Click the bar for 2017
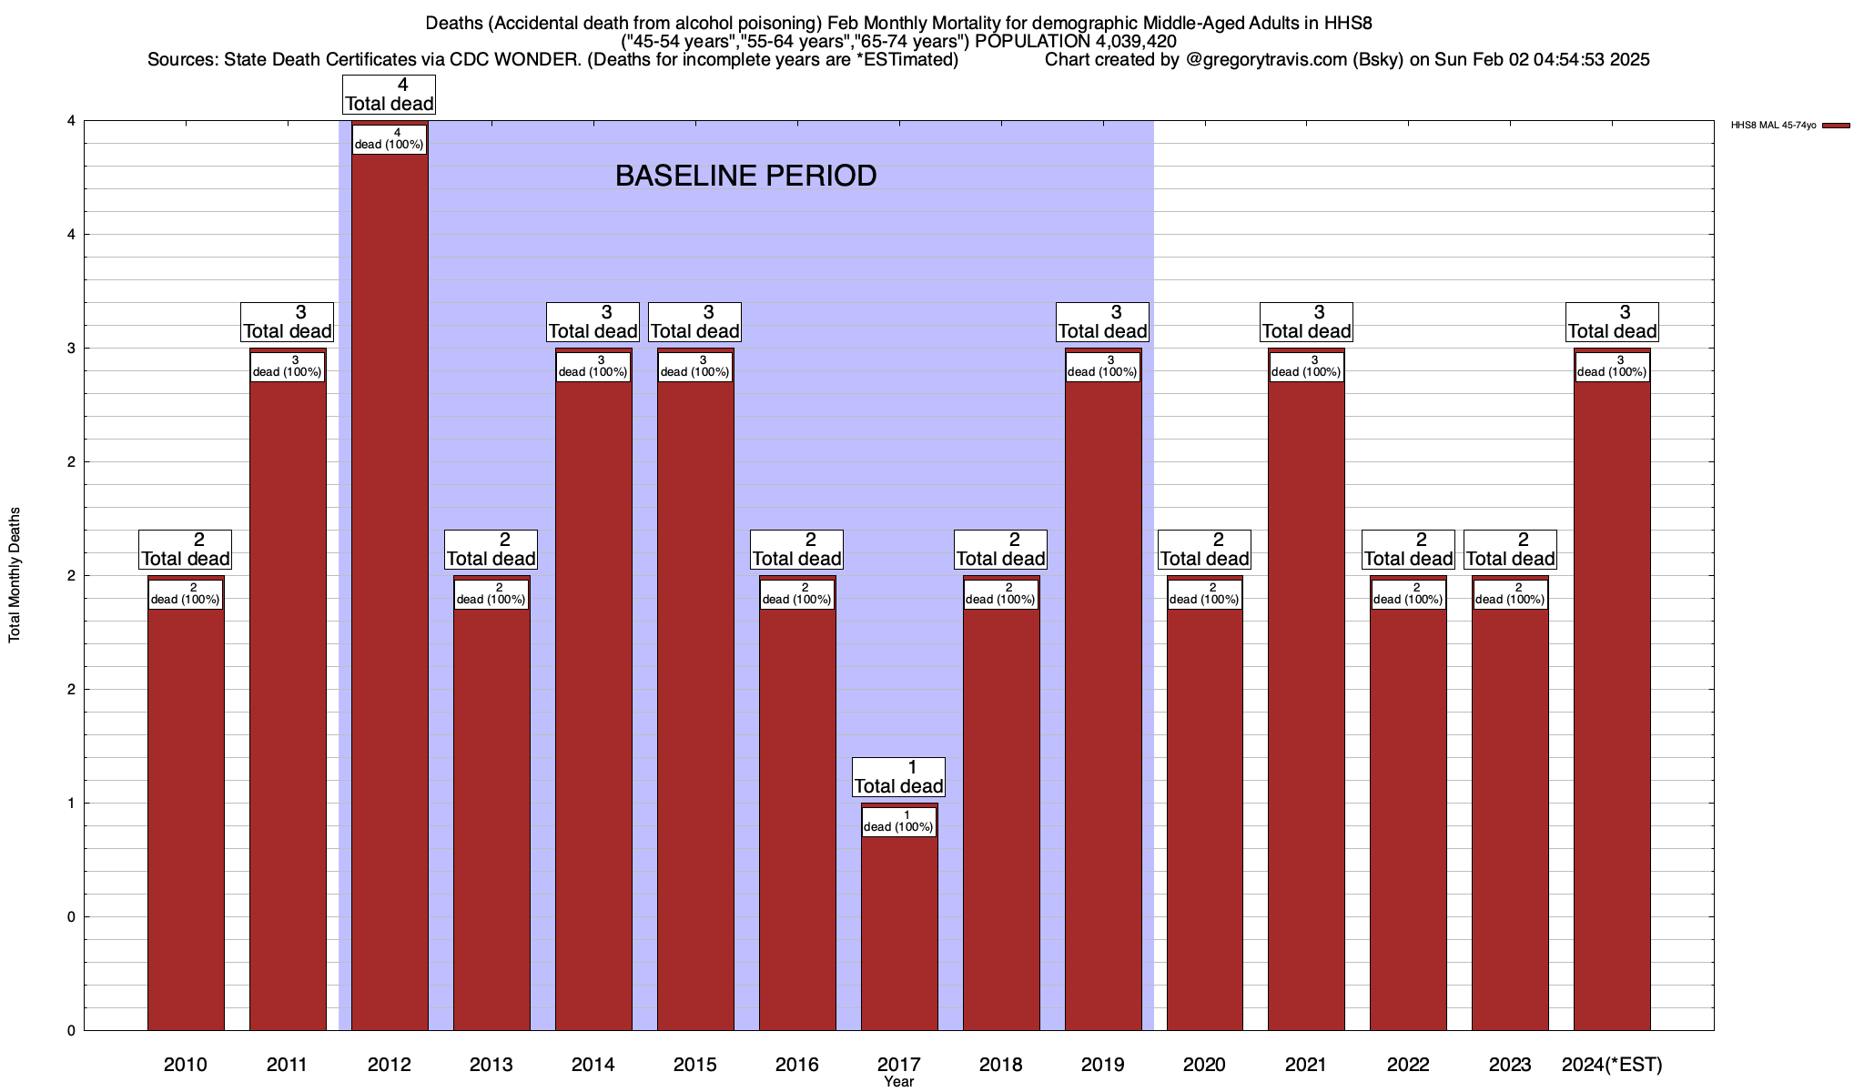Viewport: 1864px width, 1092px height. point(899,928)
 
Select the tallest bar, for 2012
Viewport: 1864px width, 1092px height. point(390,591)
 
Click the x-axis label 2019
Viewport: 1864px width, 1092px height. point(1102,1064)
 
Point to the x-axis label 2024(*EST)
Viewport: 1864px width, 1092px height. point(1612,1064)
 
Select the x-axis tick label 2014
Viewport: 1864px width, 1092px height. point(593,1064)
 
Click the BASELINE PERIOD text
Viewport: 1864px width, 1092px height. point(745,176)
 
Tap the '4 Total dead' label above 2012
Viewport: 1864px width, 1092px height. point(390,95)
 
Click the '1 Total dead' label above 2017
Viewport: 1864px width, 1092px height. point(899,777)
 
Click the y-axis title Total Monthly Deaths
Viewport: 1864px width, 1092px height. point(15,575)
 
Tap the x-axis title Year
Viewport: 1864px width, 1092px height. point(898,1082)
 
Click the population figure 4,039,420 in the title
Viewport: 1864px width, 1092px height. point(1123,42)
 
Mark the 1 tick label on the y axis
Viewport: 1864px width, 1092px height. point(70,803)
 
